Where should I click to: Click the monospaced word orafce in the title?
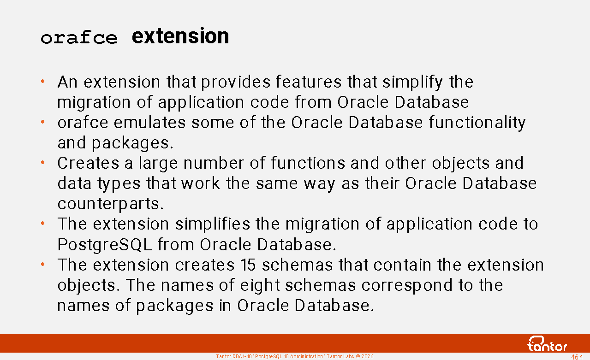[x=79, y=37]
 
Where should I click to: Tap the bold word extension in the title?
[x=180, y=36]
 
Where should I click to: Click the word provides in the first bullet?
[x=236, y=82]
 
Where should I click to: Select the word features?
[x=309, y=82]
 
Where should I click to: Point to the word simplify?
[x=412, y=82]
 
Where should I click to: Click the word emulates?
[x=149, y=122]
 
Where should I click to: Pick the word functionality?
[x=477, y=123]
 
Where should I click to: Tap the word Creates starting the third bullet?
[x=88, y=163]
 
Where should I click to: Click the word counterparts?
[x=110, y=204]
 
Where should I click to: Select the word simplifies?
[x=213, y=224]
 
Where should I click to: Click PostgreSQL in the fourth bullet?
[x=105, y=245]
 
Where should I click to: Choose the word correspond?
[x=407, y=285]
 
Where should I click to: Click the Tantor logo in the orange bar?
[x=547, y=344]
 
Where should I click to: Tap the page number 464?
[x=577, y=357]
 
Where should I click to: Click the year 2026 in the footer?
[x=367, y=356]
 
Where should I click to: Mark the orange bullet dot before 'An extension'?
[x=42, y=81]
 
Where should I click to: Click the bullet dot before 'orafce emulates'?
[x=42, y=122]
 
